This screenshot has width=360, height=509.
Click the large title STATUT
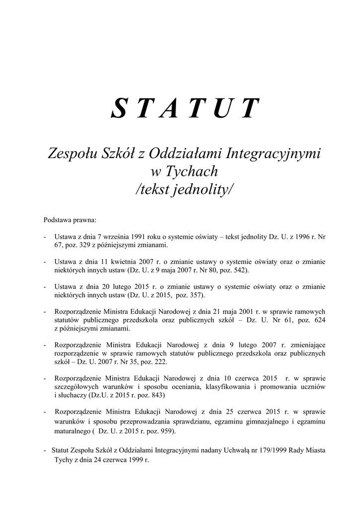pos(185,109)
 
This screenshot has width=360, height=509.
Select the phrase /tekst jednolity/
pos(184,189)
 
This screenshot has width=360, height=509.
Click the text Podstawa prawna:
pos(70,219)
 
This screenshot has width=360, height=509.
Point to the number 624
pos(320,320)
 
